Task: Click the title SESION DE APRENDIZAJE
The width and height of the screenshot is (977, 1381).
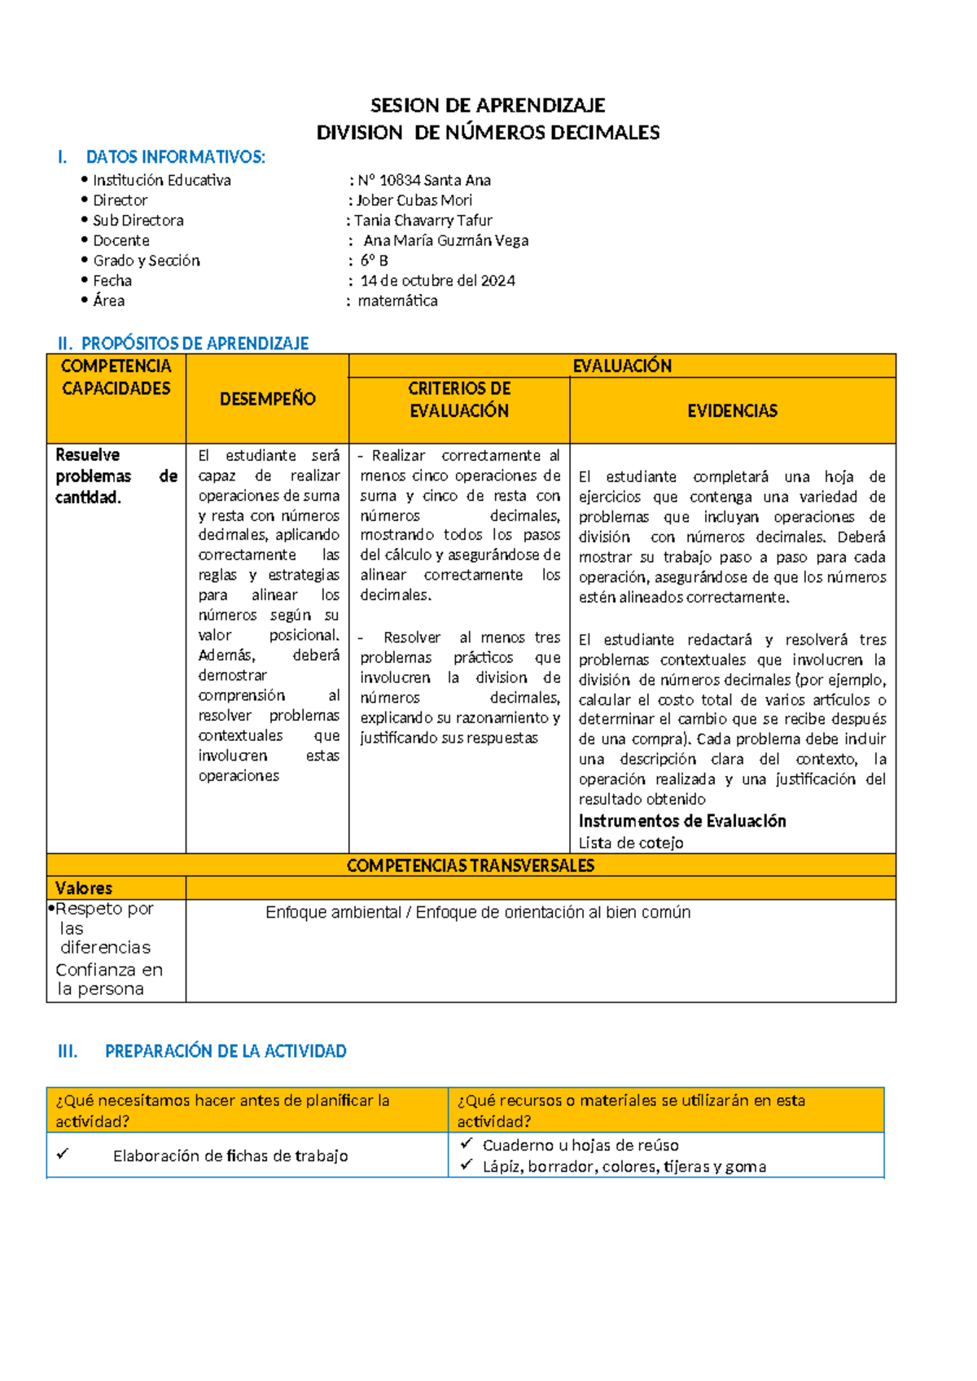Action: [488, 105]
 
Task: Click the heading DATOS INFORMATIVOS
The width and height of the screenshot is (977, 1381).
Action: [175, 157]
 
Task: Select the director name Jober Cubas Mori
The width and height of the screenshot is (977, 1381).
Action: [414, 200]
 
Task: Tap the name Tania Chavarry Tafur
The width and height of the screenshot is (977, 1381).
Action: [423, 221]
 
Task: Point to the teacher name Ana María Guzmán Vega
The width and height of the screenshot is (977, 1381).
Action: [445, 240]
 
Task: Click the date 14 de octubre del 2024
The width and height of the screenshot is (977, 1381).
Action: [437, 281]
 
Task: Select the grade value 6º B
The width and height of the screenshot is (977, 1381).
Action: [374, 261]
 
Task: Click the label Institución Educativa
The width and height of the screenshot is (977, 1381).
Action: [161, 180]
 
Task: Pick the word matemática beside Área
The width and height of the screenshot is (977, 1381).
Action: [397, 301]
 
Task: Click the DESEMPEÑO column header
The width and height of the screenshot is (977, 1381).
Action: [267, 399]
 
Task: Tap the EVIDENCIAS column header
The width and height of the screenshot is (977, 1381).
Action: [732, 411]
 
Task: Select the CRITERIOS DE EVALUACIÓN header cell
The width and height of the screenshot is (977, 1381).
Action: [459, 400]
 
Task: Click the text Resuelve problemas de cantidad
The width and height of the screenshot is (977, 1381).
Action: [116, 476]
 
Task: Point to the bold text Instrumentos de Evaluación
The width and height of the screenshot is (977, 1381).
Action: [682, 821]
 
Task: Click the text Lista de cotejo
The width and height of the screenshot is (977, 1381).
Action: [631, 843]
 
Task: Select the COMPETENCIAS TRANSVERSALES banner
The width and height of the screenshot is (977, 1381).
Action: [471, 866]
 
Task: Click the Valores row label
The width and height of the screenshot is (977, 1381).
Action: [84, 888]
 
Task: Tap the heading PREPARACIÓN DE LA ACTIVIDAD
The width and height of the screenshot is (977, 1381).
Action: [226, 1051]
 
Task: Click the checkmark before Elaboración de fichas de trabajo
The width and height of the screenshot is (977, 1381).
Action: [63, 1155]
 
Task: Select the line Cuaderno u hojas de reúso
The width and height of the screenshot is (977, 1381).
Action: [580, 1145]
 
